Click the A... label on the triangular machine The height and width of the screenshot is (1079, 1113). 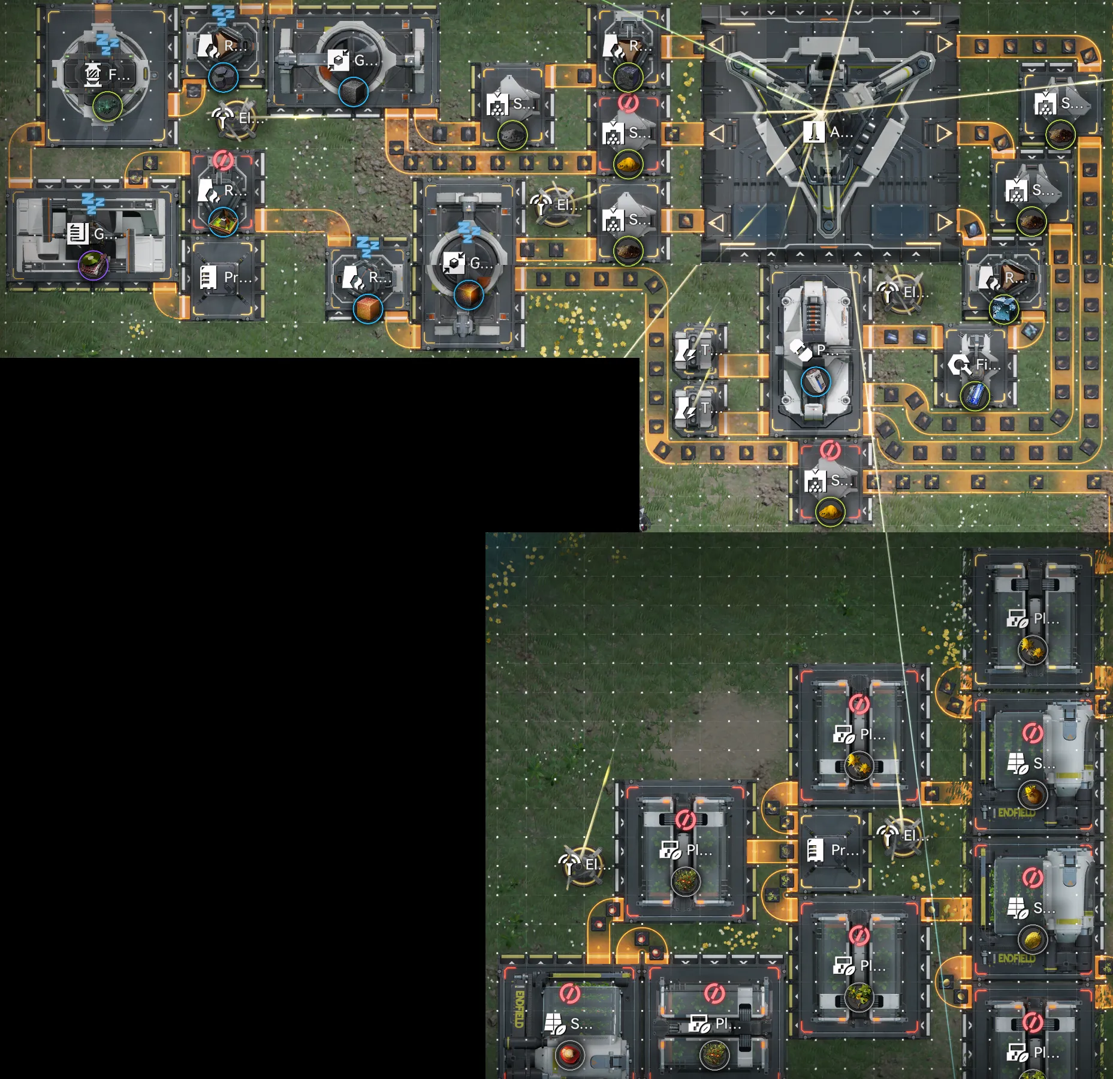coord(840,132)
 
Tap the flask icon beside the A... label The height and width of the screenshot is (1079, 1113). coord(813,132)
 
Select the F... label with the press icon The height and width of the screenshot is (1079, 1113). coord(119,74)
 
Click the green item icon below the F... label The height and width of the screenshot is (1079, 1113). coord(107,106)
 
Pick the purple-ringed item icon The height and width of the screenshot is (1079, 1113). coord(93,264)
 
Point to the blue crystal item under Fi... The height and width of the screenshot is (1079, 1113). coord(975,396)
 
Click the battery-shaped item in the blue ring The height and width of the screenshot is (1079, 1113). coord(815,381)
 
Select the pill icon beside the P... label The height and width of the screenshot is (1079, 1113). coord(800,349)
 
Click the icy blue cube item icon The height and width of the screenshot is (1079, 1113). coord(1003,310)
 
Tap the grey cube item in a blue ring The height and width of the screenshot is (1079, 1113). coord(353,92)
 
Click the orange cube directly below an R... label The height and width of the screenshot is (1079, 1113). coord(368,309)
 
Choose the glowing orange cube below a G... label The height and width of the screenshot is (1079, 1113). coord(469,295)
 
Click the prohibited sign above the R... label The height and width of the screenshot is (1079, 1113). coord(223,161)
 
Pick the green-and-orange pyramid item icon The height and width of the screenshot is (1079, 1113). coord(223,222)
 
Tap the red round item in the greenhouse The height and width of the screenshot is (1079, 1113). coord(569,1054)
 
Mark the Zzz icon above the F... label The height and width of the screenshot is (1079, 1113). coord(108,45)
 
